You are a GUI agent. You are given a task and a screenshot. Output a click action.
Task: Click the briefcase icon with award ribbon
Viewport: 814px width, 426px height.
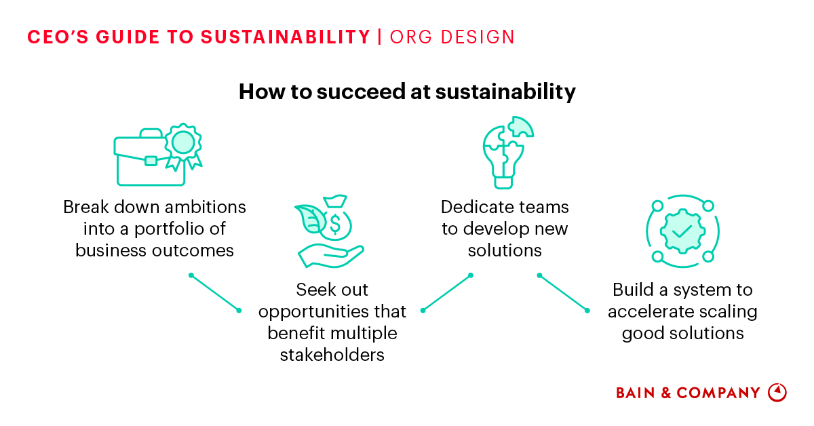click(x=157, y=155)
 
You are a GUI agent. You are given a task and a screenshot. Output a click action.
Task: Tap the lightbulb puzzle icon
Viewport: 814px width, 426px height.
click(x=505, y=153)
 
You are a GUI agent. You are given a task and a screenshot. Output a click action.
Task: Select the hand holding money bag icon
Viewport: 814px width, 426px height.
click(x=330, y=231)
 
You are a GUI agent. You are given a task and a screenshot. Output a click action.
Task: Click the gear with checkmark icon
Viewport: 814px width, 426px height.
click(x=682, y=231)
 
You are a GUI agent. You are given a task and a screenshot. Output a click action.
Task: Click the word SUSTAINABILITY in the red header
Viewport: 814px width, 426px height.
click(x=286, y=37)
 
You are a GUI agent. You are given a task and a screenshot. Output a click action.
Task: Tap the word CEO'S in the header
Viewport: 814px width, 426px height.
click(x=58, y=37)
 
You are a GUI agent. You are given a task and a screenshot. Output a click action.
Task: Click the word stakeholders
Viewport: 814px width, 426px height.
click(x=332, y=354)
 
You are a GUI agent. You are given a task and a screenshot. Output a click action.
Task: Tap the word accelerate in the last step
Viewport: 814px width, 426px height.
click(x=651, y=312)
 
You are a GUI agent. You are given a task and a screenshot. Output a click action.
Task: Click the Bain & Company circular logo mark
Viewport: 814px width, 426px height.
click(x=777, y=393)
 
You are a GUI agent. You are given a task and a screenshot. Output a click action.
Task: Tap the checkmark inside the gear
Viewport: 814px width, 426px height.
click(x=682, y=231)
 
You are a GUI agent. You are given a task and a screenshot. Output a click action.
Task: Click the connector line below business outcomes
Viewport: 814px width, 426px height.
click(x=215, y=292)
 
